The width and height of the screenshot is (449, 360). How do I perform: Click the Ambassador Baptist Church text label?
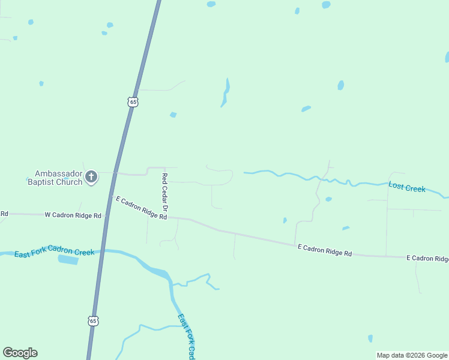(x=55, y=176)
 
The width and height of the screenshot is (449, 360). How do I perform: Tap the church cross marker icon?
(x=91, y=176)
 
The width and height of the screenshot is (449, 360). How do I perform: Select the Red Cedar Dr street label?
(x=165, y=191)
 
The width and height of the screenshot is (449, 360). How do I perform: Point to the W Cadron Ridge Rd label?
(x=73, y=214)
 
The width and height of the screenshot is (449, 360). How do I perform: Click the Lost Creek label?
(x=407, y=188)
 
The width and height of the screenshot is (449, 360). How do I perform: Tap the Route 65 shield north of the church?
(x=133, y=102)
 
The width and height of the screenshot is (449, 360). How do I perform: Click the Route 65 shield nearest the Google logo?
(x=92, y=321)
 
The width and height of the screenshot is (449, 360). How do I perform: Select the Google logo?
(x=20, y=353)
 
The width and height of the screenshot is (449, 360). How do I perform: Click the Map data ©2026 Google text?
(x=412, y=355)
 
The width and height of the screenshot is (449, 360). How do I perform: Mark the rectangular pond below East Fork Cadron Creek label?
(x=68, y=260)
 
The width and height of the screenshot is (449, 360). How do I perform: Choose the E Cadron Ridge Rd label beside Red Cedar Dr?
(x=141, y=207)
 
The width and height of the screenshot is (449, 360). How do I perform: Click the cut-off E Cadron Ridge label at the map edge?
(x=427, y=259)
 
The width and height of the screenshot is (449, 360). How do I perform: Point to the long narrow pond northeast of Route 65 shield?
(x=226, y=92)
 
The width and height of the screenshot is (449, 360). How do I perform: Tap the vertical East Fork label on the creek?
(x=187, y=336)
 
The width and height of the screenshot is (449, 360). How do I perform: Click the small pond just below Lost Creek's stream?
(x=328, y=199)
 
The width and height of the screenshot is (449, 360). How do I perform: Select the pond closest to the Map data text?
(x=370, y=338)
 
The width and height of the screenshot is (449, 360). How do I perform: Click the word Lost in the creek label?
(x=396, y=186)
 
